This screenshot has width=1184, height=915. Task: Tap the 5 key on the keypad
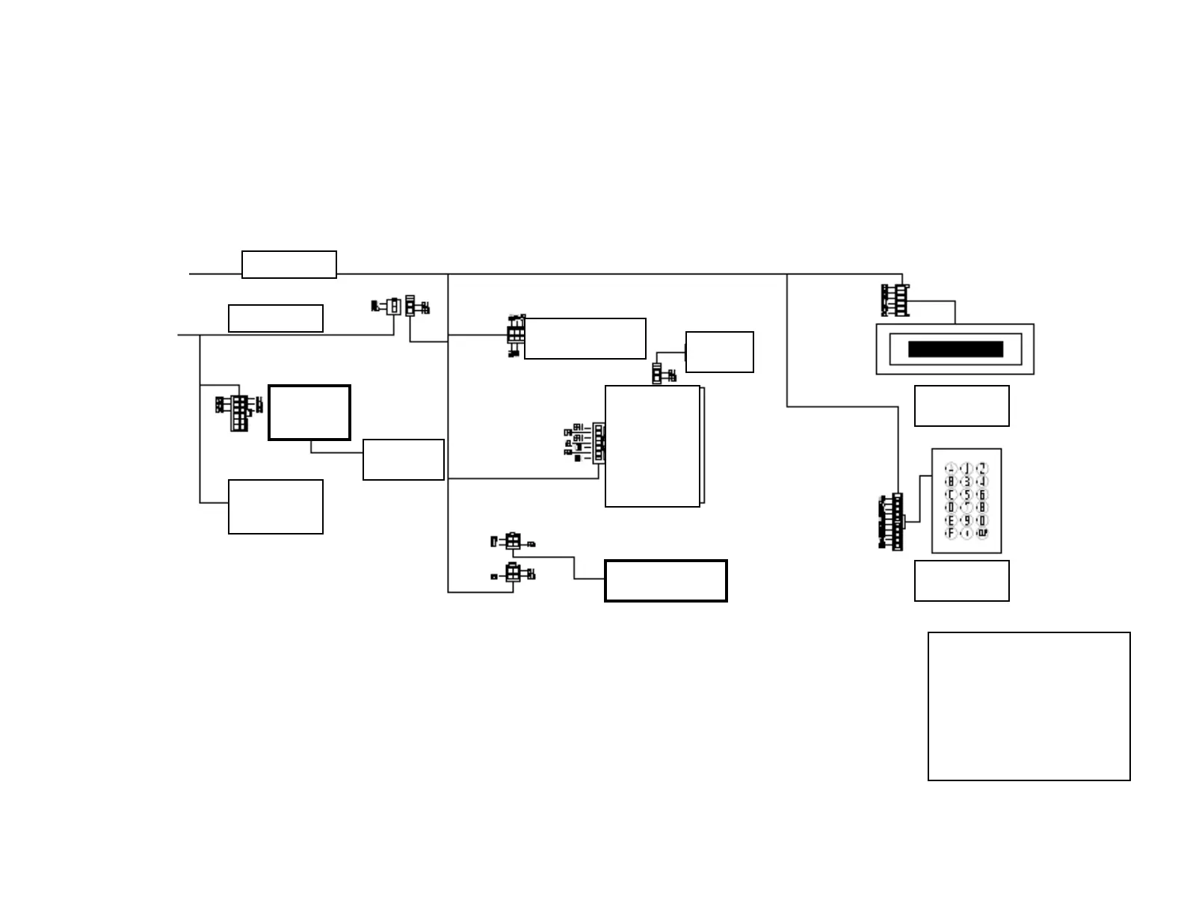coord(966,495)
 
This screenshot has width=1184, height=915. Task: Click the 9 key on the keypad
coord(966,520)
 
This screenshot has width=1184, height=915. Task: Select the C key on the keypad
coord(951,495)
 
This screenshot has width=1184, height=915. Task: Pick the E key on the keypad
coord(951,520)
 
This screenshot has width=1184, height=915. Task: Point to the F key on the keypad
coord(951,534)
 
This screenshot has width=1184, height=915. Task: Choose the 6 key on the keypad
coord(982,495)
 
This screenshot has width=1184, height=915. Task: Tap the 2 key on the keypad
coord(982,469)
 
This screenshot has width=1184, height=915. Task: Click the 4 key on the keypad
coord(982,482)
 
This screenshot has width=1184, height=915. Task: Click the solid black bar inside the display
coord(955,349)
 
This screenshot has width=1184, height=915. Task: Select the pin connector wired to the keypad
coord(897,522)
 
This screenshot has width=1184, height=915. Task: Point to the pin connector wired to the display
coord(901,300)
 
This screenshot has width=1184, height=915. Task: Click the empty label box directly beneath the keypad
coord(961,581)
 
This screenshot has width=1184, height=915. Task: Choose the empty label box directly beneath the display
coord(961,406)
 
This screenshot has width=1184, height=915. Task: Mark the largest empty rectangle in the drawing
coord(1029,706)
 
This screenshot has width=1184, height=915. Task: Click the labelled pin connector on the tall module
coord(599,443)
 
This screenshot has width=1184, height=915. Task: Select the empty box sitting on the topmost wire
coord(289,265)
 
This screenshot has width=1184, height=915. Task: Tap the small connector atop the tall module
coord(657,374)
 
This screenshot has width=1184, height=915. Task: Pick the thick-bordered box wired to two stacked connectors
coord(665,581)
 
